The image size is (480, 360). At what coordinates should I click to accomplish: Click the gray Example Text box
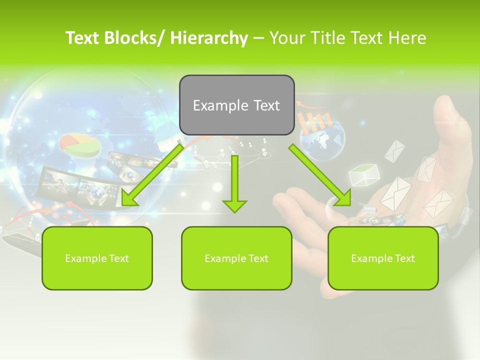click(x=236, y=105)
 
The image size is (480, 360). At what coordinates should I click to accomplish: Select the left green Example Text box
click(x=97, y=258)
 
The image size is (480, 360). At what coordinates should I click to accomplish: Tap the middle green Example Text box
click(x=236, y=258)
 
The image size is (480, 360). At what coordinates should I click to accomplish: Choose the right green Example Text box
click(x=383, y=258)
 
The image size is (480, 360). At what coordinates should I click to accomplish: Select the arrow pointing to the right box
click(x=320, y=175)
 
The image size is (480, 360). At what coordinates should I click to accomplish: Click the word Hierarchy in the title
click(x=209, y=38)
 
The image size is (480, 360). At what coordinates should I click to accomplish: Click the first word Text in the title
click(x=84, y=38)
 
